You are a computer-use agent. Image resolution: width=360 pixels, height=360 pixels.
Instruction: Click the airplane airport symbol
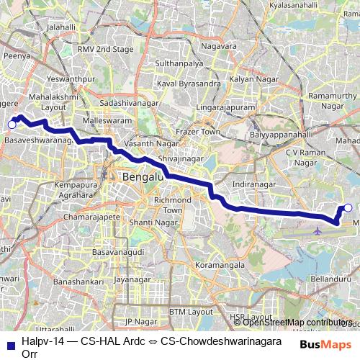pos(318,231)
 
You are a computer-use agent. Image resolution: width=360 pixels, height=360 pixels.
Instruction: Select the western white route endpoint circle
pos(12,125)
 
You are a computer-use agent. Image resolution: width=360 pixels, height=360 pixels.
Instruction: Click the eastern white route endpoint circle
pos(348,208)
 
